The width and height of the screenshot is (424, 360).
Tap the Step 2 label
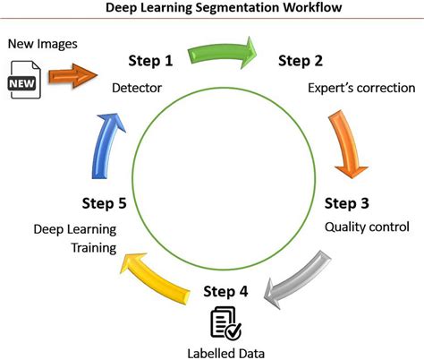tap(304, 62)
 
